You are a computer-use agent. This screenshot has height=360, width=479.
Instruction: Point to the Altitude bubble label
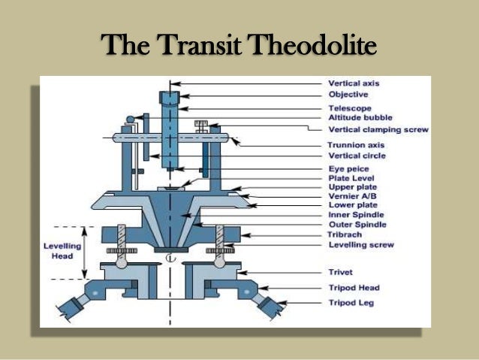[x=358, y=118]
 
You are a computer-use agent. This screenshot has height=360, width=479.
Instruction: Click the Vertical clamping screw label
[x=378, y=129]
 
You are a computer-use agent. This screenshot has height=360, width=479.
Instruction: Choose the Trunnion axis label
[x=354, y=145]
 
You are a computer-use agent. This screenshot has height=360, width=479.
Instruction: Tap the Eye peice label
[x=347, y=169]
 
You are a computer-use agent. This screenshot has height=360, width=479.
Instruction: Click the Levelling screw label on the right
[x=360, y=245]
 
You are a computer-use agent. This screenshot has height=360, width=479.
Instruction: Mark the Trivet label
[x=341, y=272]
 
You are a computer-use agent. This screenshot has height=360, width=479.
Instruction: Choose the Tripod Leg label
[x=351, y=302]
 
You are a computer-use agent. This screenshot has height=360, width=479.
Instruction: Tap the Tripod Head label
[x=354, y=288]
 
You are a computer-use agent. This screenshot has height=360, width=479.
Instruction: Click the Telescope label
[x=349, y=108]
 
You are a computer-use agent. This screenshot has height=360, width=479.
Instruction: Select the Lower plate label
[x=352, y=204]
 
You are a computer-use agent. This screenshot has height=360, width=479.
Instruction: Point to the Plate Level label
[x=351, y=178]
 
